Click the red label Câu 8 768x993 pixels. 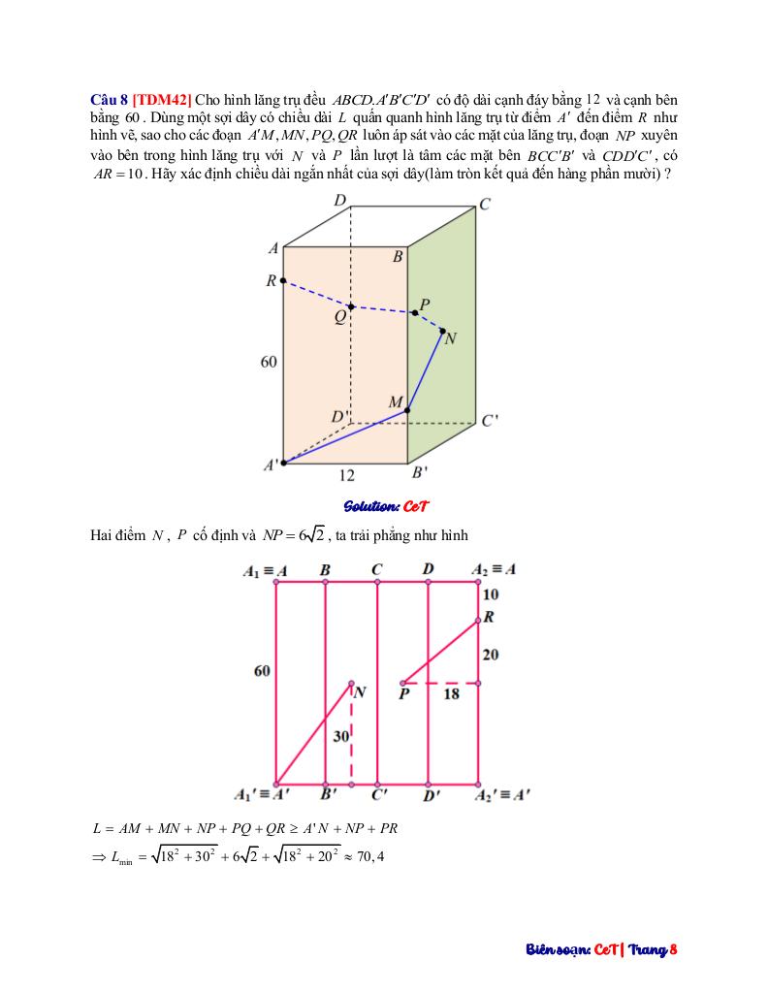[x=109, y=100]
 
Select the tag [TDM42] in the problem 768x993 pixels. [x=162, y=100]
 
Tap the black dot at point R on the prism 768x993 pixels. [x=283, y=281]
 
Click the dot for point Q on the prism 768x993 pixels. [x=351, y=306]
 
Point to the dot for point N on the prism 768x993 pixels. [x=443, y=332]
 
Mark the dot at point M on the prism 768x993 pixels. [x=407, y=410]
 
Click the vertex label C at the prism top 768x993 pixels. [x=485, y=205]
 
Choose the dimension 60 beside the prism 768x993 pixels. [x=269, y=362]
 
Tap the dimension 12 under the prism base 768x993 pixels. [x=347, y=475]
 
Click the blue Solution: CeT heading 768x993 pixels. [x=386, y=506]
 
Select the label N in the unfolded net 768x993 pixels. [x=360, y=692]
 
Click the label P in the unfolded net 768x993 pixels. [x=403, y=694]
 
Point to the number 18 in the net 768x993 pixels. [x=451, y=694]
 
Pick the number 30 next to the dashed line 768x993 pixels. [x=340, y=737]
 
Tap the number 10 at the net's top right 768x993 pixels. [x=491, y=594]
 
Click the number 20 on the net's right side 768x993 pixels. [x=491, y=656]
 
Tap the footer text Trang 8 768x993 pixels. [x=653, y=949]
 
